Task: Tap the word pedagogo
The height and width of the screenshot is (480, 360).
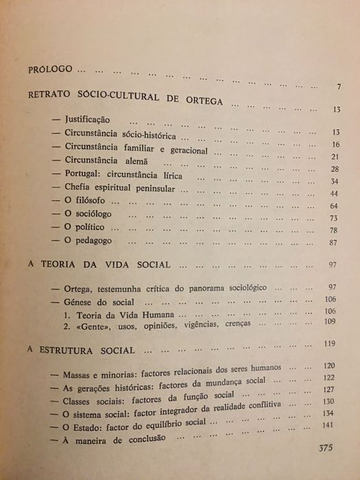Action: (x=93, y=242)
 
